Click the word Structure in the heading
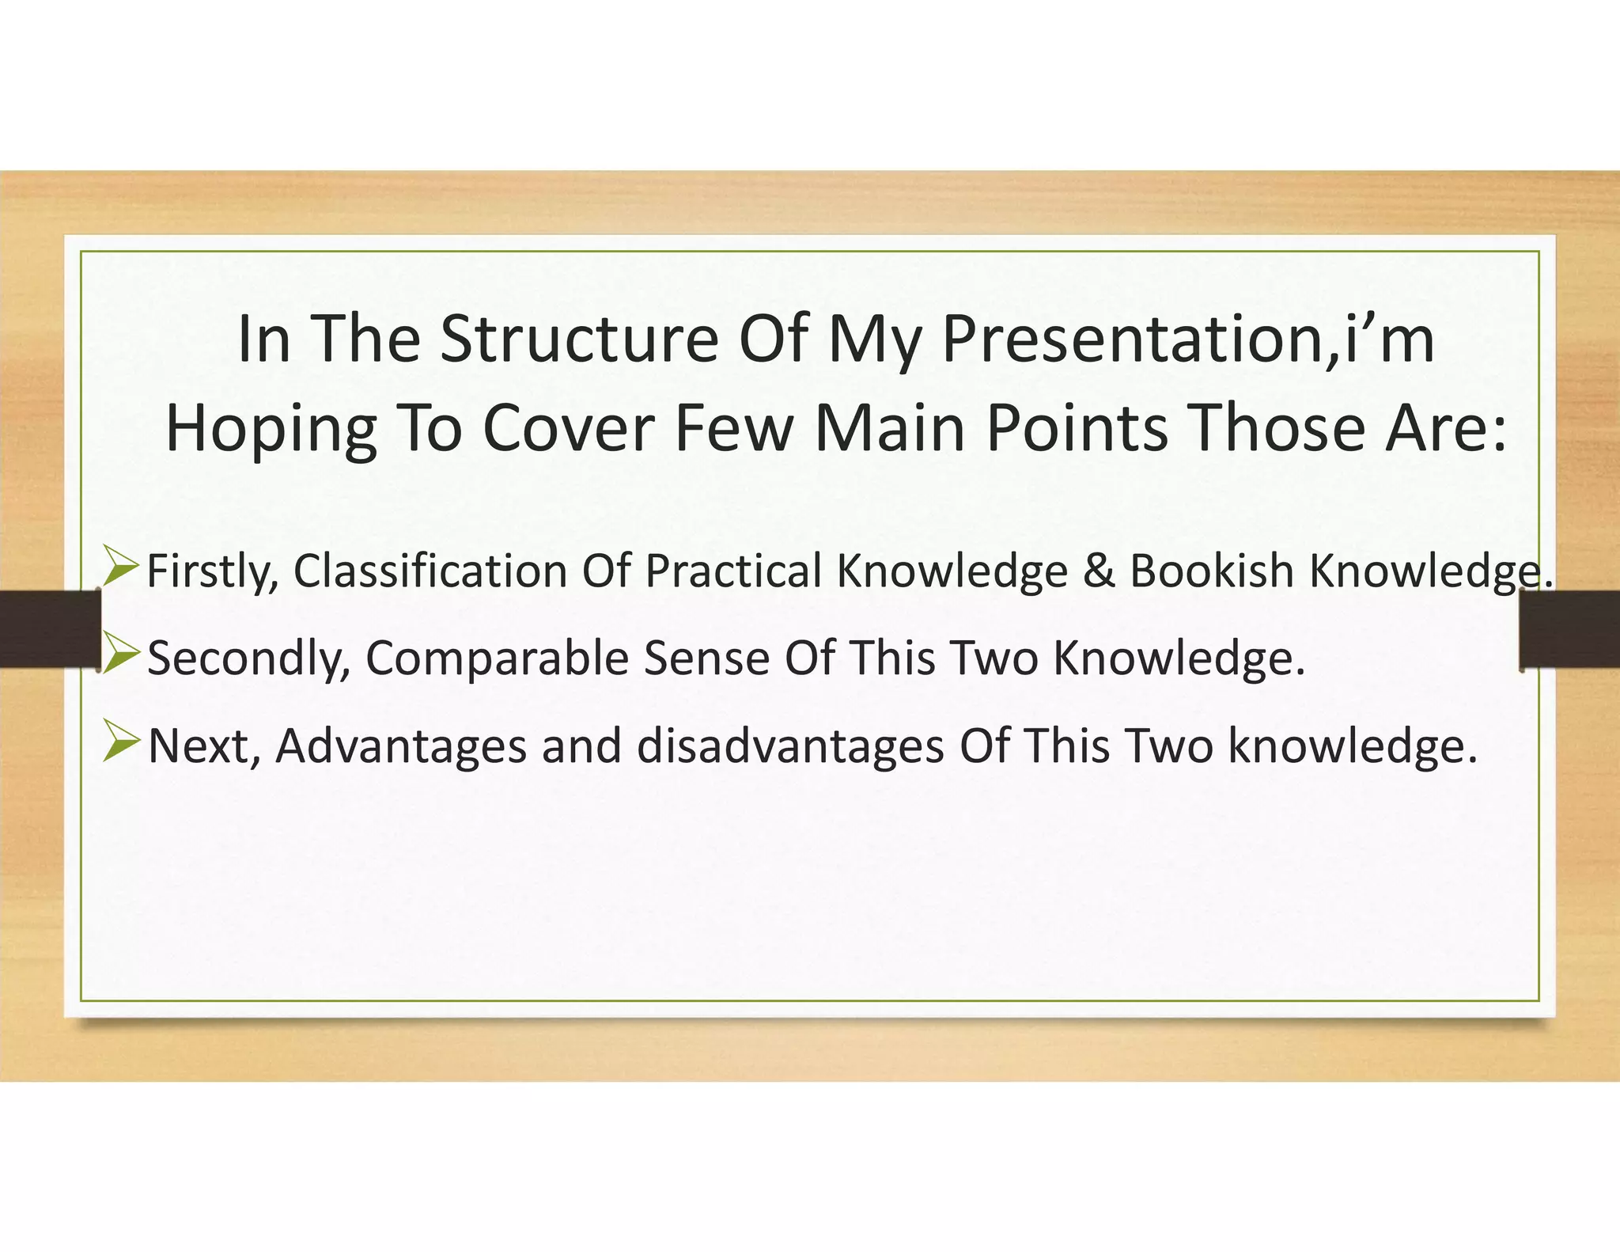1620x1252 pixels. click(x=578, y=339)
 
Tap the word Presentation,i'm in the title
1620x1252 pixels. click(x=1187, y=339)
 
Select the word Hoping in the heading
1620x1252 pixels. click(x=270, y=429)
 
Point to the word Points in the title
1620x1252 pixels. click(x=1077, y=429)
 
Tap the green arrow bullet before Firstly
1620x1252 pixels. click(x=121, y=568)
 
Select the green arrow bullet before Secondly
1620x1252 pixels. click(x=121, y=656)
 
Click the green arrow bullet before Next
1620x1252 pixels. click(x=121, y=744)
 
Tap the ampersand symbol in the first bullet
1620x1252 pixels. click(x=1098, y=571)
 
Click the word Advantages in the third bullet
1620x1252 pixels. click(x=400, y=747)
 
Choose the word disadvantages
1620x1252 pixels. click(x=790, y=747)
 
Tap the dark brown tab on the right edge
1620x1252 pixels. click(x=1569, y=629)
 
